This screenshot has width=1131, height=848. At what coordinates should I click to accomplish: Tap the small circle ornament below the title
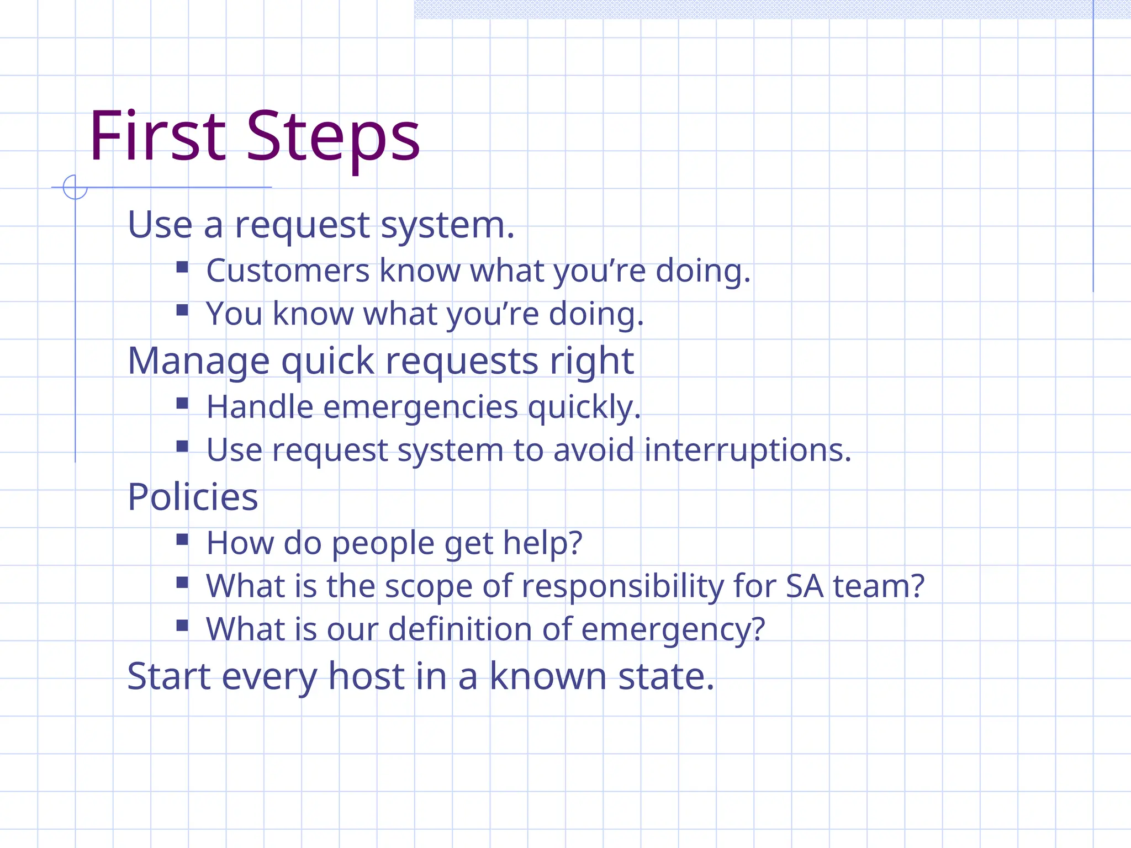pyautogui.click(x=75, y=187)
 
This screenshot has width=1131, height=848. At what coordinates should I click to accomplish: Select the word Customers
pyautogui.click(x=288, y=271)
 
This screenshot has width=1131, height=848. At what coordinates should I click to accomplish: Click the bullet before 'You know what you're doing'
pyautogui.click(x=182, y=310)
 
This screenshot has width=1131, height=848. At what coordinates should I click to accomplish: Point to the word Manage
pyautogui.click(x=198, y=361)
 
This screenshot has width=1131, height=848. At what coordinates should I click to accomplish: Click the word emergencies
pyautogui.click(x=420, y=407)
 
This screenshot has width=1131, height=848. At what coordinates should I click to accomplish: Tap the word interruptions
pyautogui.click(x=748, y=450)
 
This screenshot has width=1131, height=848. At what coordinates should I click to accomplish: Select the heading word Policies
pyautogui.click(x=193, y=497)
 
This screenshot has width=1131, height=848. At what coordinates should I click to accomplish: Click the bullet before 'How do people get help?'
pyautogui.click(x=182, y=539)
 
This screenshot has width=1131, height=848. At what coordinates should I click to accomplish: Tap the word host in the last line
pyautogui.click(x=367, y=676)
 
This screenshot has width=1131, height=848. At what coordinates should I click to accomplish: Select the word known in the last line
pyautogui.click(x=548, y=676)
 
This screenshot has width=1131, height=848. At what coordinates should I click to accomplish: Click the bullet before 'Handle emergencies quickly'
pyautogui.click(x=182, y=404)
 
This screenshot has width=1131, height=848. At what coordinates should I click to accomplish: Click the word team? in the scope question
pyautogui.click(x=879, y=586)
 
